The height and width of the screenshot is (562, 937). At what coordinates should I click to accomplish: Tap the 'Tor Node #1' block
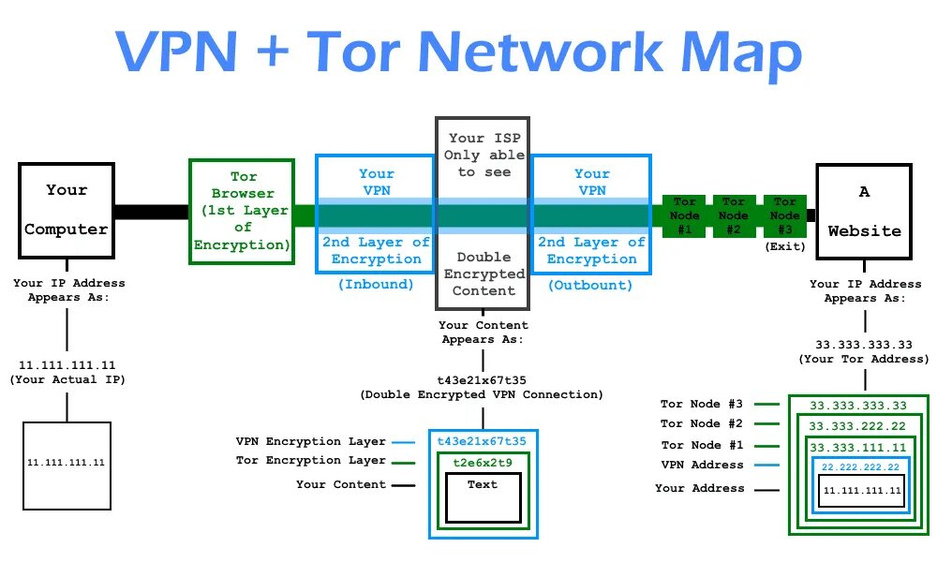[x=684, y=215]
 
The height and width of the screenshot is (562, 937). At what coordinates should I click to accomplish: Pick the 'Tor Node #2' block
[x=734, y=215]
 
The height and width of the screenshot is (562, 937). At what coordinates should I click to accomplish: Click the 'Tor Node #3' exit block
[x=784, y=215]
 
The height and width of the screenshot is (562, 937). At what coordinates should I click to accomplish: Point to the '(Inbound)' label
[x=376, y=285]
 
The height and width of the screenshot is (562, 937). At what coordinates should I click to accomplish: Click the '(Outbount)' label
[x=590, y=286]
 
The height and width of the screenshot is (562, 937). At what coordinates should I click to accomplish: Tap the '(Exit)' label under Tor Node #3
[x=785, y=246]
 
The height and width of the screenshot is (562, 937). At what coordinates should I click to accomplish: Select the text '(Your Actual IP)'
[x=67, y=380]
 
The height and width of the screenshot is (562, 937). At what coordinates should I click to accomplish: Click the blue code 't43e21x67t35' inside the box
[x=482, y=441]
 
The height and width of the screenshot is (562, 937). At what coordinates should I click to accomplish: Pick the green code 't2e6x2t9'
[x=483, y=463]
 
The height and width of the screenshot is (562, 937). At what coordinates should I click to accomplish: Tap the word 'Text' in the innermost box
[x=483, y=484]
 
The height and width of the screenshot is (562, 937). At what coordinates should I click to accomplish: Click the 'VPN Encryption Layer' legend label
[x=311, y=441]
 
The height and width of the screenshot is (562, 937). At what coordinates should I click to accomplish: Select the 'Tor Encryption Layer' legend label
[x=311, y=461]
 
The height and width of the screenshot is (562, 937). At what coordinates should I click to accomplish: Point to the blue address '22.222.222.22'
[x=860, y=467]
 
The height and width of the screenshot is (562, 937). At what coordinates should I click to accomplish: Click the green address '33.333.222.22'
[x=857, y=426]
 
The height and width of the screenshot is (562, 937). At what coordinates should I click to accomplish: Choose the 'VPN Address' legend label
[x=702, y=465]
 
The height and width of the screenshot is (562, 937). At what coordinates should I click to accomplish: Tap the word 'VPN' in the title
[x=177, y=52]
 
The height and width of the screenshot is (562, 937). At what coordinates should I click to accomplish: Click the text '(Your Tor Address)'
[x=864, y=359]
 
